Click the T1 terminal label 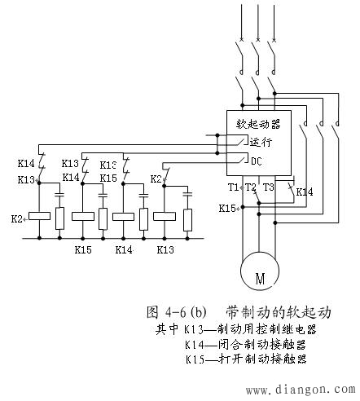coord(234,187)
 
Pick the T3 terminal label coord(269,187)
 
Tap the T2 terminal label coord(250,187)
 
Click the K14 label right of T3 coord(305,192)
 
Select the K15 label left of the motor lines coord(227,208)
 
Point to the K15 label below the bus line coord(82,249)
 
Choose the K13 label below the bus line coord(165,249)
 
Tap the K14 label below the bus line coord(125,249)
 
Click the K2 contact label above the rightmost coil coord(156,177)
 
